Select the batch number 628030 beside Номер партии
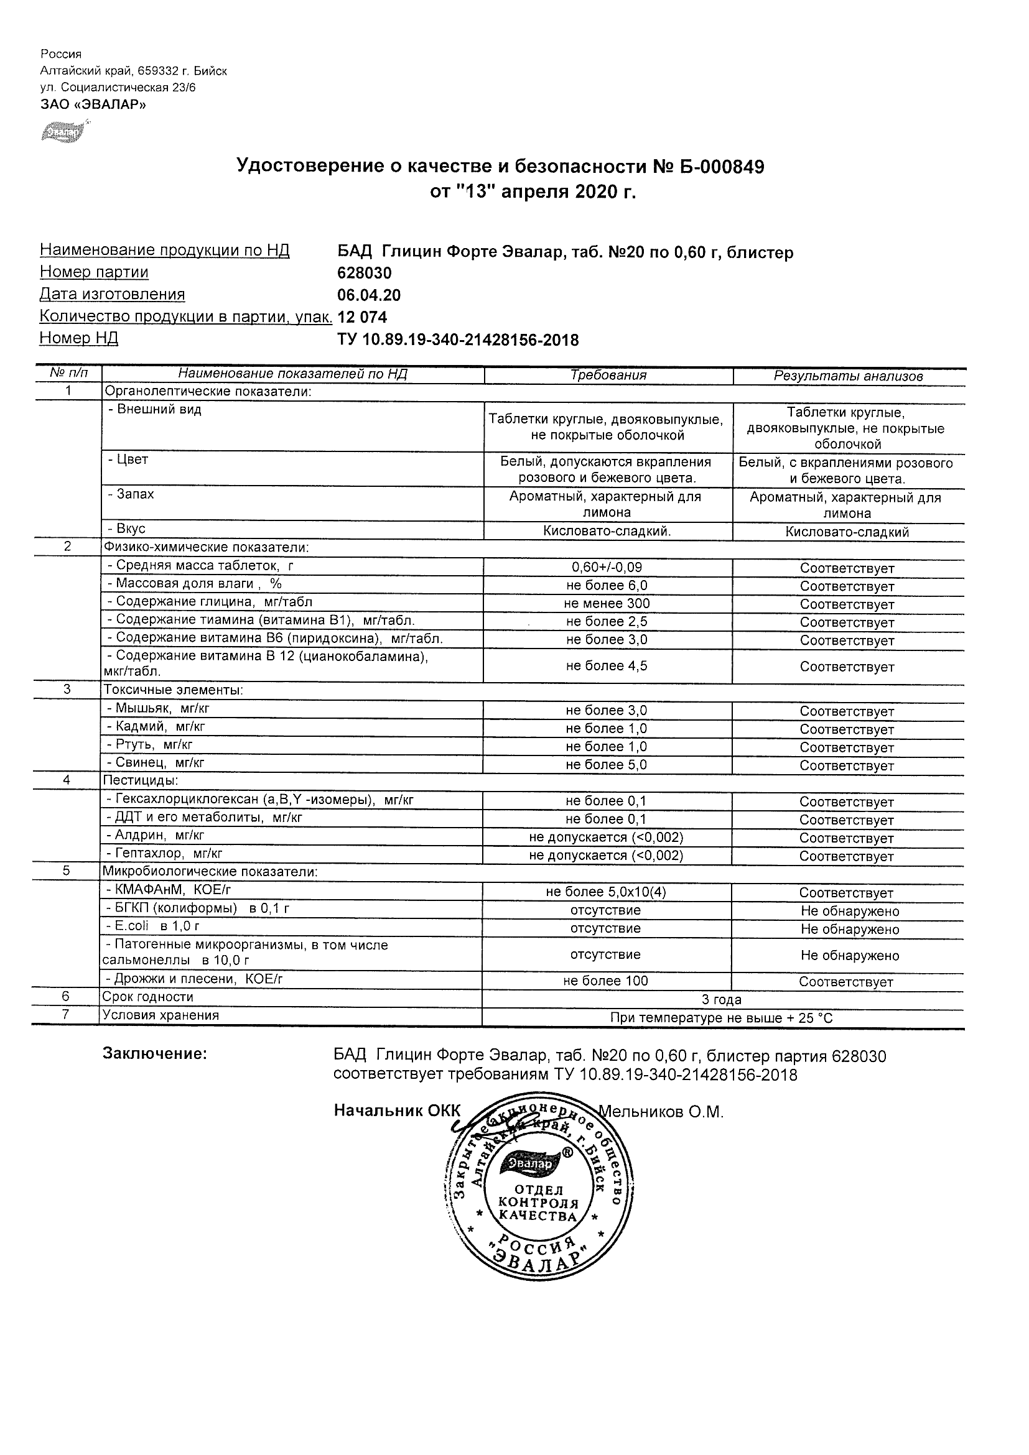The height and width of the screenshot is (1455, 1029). click(x=365, y=273)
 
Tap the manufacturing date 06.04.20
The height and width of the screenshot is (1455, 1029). click(x=369, y=295)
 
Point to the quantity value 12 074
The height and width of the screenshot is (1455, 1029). click(x=362, y=317)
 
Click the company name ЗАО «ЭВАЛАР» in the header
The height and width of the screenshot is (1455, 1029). click(x=93, y=104)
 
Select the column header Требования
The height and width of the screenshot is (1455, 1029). click(x=608, y=375)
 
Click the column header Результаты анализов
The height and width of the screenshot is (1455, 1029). click(x=848, y=376)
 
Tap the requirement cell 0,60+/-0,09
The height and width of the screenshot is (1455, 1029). click(x=607, y=568)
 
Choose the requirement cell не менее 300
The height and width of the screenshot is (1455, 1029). click(x=607, y=604)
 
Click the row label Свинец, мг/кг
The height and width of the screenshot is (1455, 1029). click(x=156, y=763)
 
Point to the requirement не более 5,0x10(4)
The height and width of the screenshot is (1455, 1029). click(x=605, y=892)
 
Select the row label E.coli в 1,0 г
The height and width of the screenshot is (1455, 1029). click(x=153, y=926)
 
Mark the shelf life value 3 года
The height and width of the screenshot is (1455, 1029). click(x=722, y=1000)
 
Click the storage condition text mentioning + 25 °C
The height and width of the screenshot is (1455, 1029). click(x=722, y=1018)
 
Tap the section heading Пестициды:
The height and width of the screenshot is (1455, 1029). click(x=140, y=780)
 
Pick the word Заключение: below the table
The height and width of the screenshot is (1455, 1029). click(x=155, y=1054)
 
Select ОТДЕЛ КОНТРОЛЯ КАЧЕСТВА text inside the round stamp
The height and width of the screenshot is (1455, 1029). click(x=538, y=1203)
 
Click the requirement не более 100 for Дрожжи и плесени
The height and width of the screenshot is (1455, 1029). click(x=605, y=982)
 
